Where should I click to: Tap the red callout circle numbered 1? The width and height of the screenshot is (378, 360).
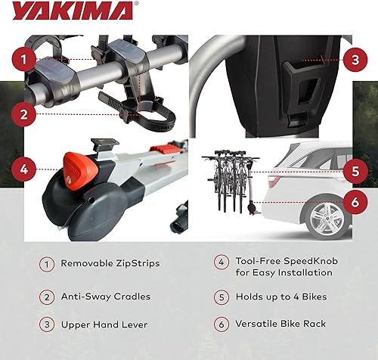25,57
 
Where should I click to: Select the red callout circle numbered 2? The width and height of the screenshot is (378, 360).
25,115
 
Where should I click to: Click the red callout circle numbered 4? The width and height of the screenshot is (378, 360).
25,169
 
